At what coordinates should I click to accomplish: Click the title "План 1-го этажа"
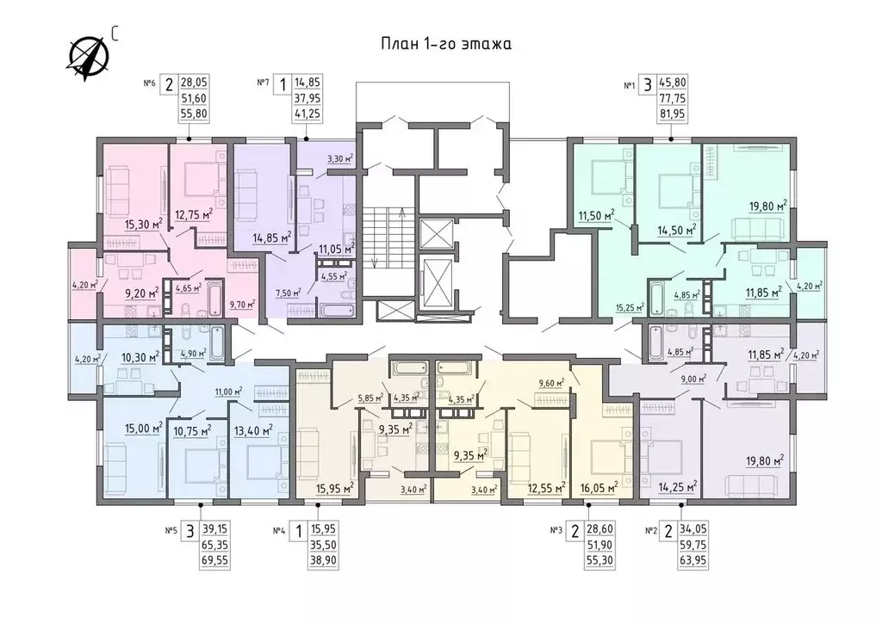pyautogui.click(x=446, y=45)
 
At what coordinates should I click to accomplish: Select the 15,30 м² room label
pyautogui.click(x=144, y=225)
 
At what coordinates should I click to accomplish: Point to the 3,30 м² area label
pyautogui.click(x=339, y=159)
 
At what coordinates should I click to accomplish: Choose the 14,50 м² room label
pyautogui.click(x=677, y=229)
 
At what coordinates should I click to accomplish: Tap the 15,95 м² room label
pyautogui.click(x=335, y=488)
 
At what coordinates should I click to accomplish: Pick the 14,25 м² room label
pyautogui.click(x=677, y=486)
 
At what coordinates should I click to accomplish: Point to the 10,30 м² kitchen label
pyautogui.click(x=140, y=356)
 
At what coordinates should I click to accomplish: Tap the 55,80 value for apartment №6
pyautogui.click(x=194, y=114)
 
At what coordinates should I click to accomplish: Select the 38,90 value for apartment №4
pyautogui.click(x=323, y=560)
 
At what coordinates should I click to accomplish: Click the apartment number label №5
pyautogui.click(x=171, y=530)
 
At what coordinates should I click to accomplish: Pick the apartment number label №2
pyautogui.click(x=651, y=530)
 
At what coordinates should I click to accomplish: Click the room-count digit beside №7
pyautogui.click(x=283, y=85)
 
